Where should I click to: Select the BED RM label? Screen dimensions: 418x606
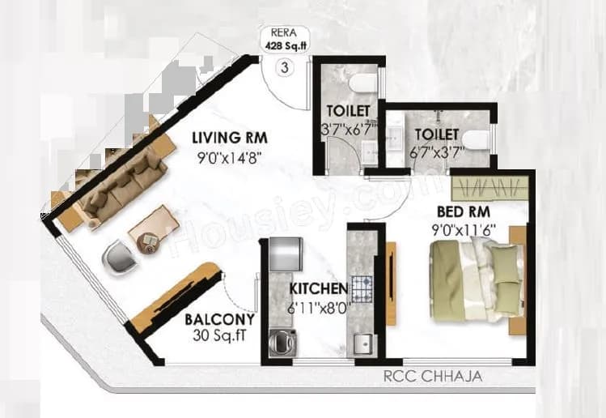[457, 211]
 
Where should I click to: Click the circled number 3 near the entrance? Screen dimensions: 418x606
[282, 68]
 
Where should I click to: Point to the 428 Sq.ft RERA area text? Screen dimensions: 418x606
[282, 47]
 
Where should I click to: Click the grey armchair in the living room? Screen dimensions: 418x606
[119, 260]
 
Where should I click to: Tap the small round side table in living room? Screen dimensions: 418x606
[148, 241]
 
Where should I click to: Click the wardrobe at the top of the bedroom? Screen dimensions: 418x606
[489, 189]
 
